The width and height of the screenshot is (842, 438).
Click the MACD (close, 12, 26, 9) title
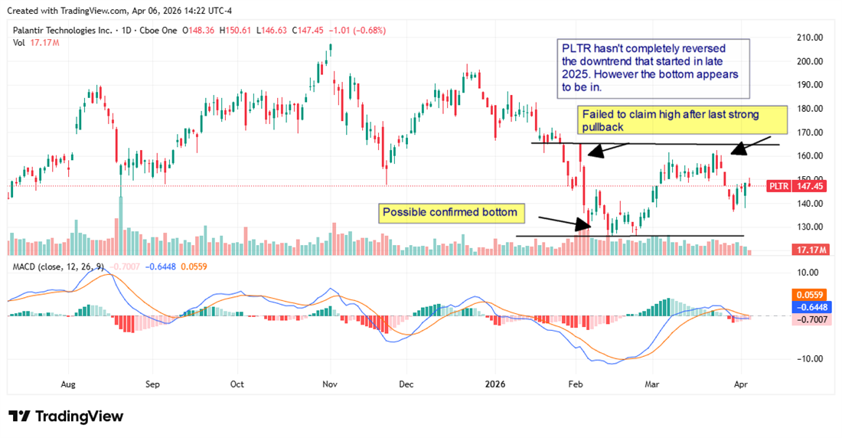tap(57, 266)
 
